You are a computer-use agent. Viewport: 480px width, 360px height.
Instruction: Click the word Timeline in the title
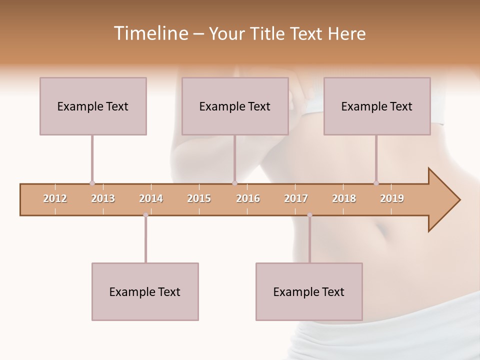[x=149, y=33]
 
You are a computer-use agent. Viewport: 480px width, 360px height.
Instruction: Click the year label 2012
[x=55, y=198]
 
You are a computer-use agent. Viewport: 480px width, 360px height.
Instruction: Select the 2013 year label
[x=103, y=198]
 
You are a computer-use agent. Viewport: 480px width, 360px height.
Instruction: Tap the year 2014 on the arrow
[x=151, y=198]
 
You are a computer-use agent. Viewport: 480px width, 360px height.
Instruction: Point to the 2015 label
[x=199, y=198]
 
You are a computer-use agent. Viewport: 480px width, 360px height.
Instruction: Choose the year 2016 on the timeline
[x=248, y=198]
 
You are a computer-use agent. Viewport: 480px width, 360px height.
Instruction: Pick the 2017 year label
[x=296, y=198]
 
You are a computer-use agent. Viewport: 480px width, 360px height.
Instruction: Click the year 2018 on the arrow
[x=344, y=198]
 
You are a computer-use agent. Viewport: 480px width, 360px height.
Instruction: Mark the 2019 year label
[x=392, y=198]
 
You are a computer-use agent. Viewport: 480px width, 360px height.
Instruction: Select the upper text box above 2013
[x=93, y=106]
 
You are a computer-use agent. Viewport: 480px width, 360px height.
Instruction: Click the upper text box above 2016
[x=235, y=106]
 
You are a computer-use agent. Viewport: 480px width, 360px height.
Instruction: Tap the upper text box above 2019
[x=377, y=106]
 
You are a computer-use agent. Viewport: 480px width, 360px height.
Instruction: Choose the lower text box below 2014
[x=145, y=291]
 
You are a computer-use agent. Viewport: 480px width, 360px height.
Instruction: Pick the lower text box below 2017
[x=309, y=291]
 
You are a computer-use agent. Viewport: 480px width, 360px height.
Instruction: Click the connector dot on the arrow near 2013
[x=92, y=183]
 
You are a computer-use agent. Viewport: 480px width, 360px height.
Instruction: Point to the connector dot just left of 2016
[x=234, y=183]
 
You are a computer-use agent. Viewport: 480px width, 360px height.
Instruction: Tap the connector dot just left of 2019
[x=376, y=183]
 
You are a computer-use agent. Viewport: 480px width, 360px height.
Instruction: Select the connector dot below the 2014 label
[x=145, y=215]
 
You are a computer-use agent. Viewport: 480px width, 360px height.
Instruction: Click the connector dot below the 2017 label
[x=309, y=215]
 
